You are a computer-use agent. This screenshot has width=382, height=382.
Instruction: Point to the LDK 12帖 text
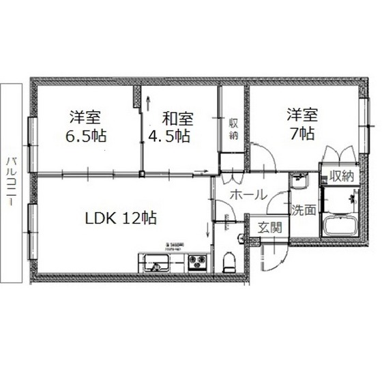(x=121, y=218)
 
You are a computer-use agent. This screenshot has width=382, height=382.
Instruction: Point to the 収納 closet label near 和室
(x=233, y=129)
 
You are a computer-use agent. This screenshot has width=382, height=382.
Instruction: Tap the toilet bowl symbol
(x=230, y=261)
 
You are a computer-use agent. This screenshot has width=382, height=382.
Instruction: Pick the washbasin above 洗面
(x=299, y=182)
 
